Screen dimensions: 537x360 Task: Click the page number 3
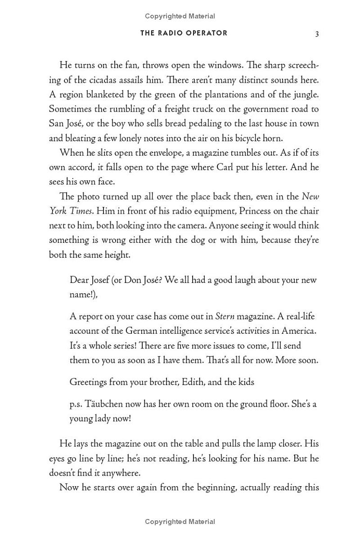[x=317, y=34]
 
